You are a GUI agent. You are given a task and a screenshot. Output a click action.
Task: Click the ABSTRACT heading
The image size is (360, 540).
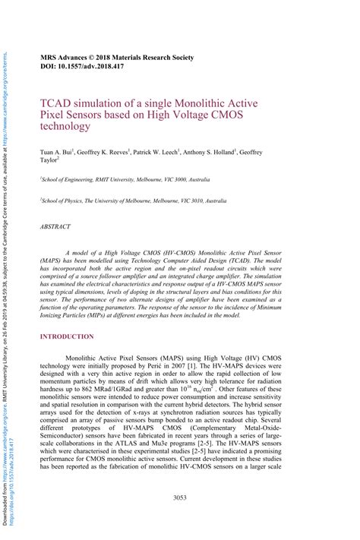(55, 226)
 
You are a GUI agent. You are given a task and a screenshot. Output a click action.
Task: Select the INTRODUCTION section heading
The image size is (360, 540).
(68, 336)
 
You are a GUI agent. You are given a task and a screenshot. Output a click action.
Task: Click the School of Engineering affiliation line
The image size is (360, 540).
(125, 181)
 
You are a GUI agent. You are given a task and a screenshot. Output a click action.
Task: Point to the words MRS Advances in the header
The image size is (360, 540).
(66, 57)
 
